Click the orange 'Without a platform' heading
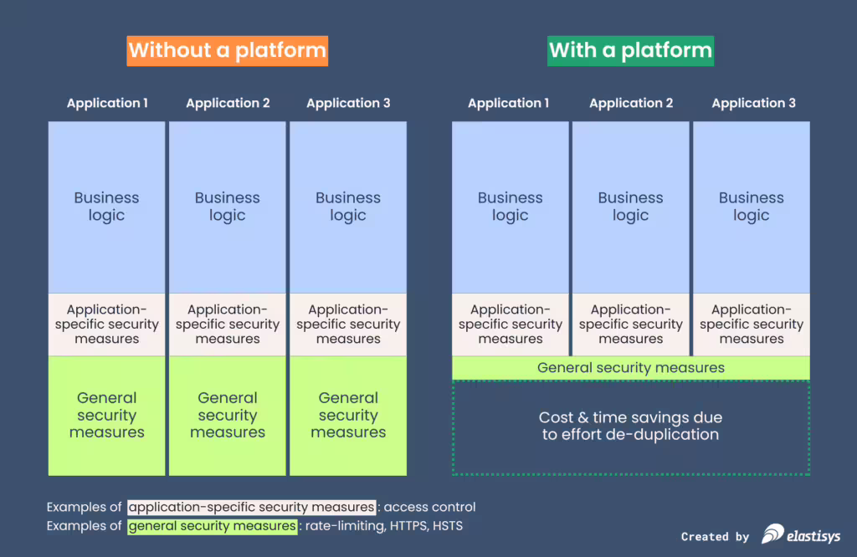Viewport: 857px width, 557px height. (227, 50)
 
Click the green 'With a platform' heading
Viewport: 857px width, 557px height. (630, 50)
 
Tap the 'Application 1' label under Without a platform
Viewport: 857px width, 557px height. (107, 104)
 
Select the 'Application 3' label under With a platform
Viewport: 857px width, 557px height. (753, 104)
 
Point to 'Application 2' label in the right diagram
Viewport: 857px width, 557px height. (631, 104)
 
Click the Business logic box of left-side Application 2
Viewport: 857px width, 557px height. (228, 207)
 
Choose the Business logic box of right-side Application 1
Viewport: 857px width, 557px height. (511, 207)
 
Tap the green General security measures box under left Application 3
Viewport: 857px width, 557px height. (348, 416)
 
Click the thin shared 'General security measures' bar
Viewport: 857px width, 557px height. (631, 368)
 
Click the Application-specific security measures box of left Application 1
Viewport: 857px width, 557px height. (107, 324)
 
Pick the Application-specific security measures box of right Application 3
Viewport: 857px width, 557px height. (752, 324)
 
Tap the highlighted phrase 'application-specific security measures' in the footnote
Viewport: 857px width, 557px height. (251, 507)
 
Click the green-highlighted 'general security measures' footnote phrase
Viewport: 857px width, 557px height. (212, 526)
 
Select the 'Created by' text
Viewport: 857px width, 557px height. (715, 537)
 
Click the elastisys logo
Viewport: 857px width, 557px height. (801, 534)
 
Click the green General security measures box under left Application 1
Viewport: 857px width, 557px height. (107, 416)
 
